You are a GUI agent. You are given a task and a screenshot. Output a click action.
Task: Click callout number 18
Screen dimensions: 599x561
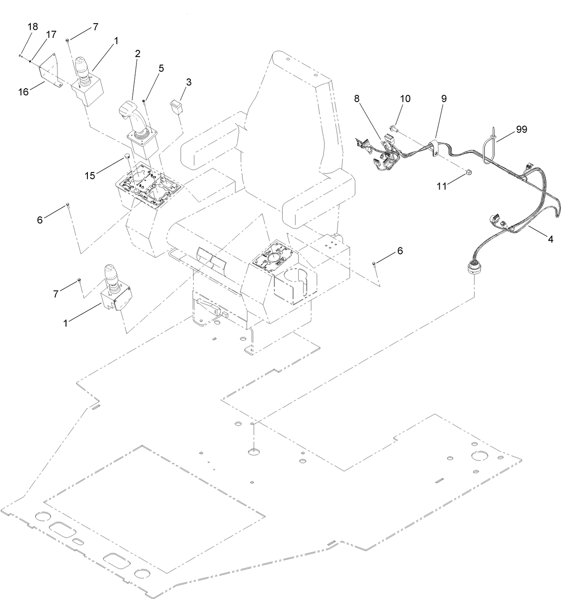coord(33,26)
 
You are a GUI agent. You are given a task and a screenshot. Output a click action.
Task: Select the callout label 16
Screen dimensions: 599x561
coord(23,91)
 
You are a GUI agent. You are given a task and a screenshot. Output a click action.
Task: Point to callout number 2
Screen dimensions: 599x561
coord(137,53)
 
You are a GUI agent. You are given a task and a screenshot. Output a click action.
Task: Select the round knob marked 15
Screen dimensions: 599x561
coord(127,156)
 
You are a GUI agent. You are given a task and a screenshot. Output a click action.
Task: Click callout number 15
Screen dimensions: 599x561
coord(90,175)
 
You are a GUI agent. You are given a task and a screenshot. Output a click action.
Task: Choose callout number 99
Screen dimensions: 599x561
coord(521,129)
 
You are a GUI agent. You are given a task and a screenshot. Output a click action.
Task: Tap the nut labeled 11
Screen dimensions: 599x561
coord(467,172)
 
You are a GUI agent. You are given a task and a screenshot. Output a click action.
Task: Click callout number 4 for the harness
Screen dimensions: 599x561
coord(550,240)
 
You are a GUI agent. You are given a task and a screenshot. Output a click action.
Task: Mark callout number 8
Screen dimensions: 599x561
coord(357,98)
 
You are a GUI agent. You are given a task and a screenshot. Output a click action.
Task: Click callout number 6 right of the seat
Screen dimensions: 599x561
coord(400,251)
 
